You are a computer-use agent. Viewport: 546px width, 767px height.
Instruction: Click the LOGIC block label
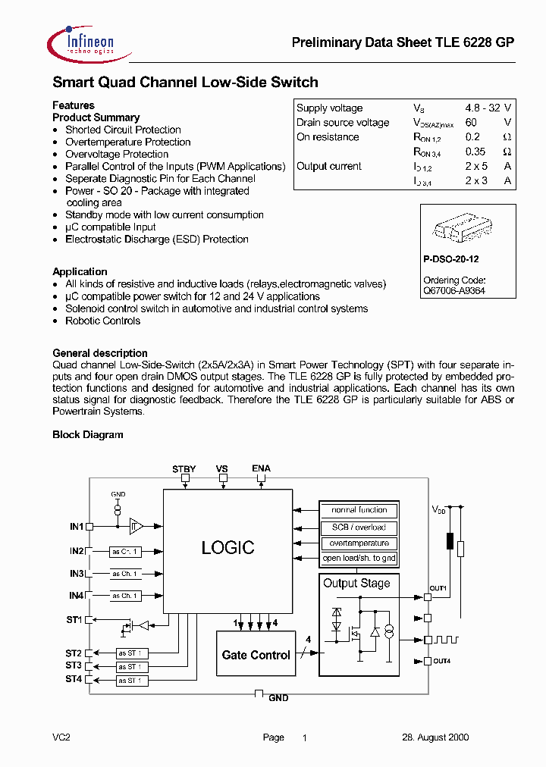[227, 547]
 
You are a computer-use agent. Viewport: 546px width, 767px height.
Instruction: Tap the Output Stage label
[356, 583]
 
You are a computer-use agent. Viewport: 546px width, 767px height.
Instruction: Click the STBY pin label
[184, 469]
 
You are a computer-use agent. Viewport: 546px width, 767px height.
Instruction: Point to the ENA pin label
[261, 469]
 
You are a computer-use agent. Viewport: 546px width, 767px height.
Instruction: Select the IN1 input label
[76, 525]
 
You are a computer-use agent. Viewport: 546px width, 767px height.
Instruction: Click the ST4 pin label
[73, 679]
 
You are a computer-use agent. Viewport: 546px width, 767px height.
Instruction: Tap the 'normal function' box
[359, 510]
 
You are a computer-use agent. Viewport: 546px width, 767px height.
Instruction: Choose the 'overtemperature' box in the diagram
[359, 543]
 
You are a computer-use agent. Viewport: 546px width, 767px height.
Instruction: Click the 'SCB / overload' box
[359, 527]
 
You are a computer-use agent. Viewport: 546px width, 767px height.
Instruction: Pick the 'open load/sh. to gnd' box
[359, 559]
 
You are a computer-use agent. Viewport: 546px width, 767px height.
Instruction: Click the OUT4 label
[441, 661]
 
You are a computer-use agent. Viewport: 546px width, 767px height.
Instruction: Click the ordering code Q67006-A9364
[454, 290]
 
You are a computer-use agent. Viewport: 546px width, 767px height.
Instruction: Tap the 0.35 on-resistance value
[475, 152]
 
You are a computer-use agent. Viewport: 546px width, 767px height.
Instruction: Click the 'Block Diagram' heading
[87, 435]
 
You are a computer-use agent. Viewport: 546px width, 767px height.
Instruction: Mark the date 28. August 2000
[435, 737]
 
